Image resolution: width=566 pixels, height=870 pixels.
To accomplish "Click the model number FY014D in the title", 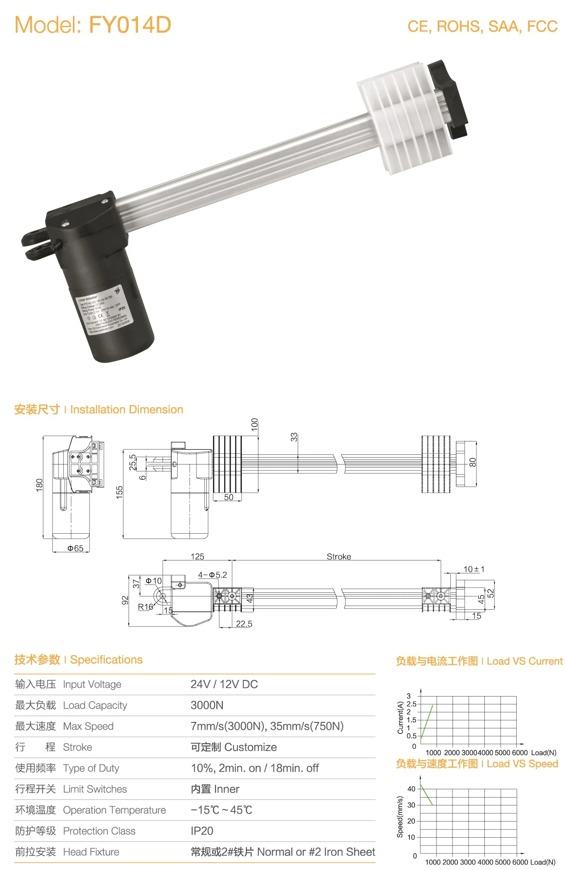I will pyautogui.click(x=130, y=25).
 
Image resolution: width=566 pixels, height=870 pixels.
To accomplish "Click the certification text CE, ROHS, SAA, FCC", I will pyautogui.click(x=482, y=27).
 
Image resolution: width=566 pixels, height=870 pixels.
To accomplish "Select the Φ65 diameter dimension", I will pyautogui.click(x=75, y=548).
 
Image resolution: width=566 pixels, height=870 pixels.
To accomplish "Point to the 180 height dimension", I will pyautogui.click(x=39, y=484).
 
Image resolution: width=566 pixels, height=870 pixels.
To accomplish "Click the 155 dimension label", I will pyautogui.click(x=119, y=492).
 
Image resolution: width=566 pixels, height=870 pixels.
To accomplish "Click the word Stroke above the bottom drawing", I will pyautogui.click(x=339, y=557).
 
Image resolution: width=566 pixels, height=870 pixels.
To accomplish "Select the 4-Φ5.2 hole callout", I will pyautogui.click(x=212, y=575).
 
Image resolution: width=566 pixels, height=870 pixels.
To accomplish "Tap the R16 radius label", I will pyautogui.click(x=145, y=607).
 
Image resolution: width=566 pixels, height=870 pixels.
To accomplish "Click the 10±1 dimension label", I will pyautogui.click(x=474, y=569).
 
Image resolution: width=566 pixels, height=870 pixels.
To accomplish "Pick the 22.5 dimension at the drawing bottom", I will pyautogui.click(x=244, y=624).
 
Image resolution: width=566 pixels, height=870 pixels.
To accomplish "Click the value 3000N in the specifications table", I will pyautogui.click(x=207, y=705).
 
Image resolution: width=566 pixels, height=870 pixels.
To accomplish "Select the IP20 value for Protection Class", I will pyautogui.click(x=202, y=831).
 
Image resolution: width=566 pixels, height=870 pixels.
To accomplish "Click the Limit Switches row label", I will pyautogui.click(x=95, y=789).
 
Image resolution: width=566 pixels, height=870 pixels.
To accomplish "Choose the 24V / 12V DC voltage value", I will pyautogui.click(x=224, y=684).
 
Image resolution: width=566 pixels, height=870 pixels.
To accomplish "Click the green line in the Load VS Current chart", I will pyautogui.click(x=427, y=721).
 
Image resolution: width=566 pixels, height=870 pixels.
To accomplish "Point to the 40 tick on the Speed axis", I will pyautogui.click(x=411, y=789).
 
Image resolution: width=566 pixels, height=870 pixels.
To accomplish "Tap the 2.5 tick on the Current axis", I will pyautogui.click(x=411, y=704).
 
